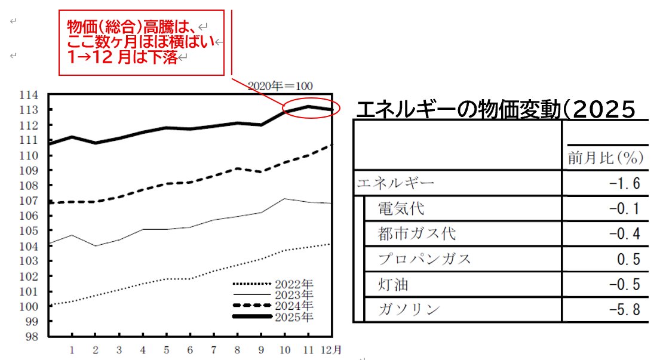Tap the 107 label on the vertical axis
[30, 200]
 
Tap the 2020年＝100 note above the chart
[280, 86]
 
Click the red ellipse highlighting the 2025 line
[311, 109]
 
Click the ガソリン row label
[409, 309]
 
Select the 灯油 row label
[394, 284]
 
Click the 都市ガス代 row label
[409, 233]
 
